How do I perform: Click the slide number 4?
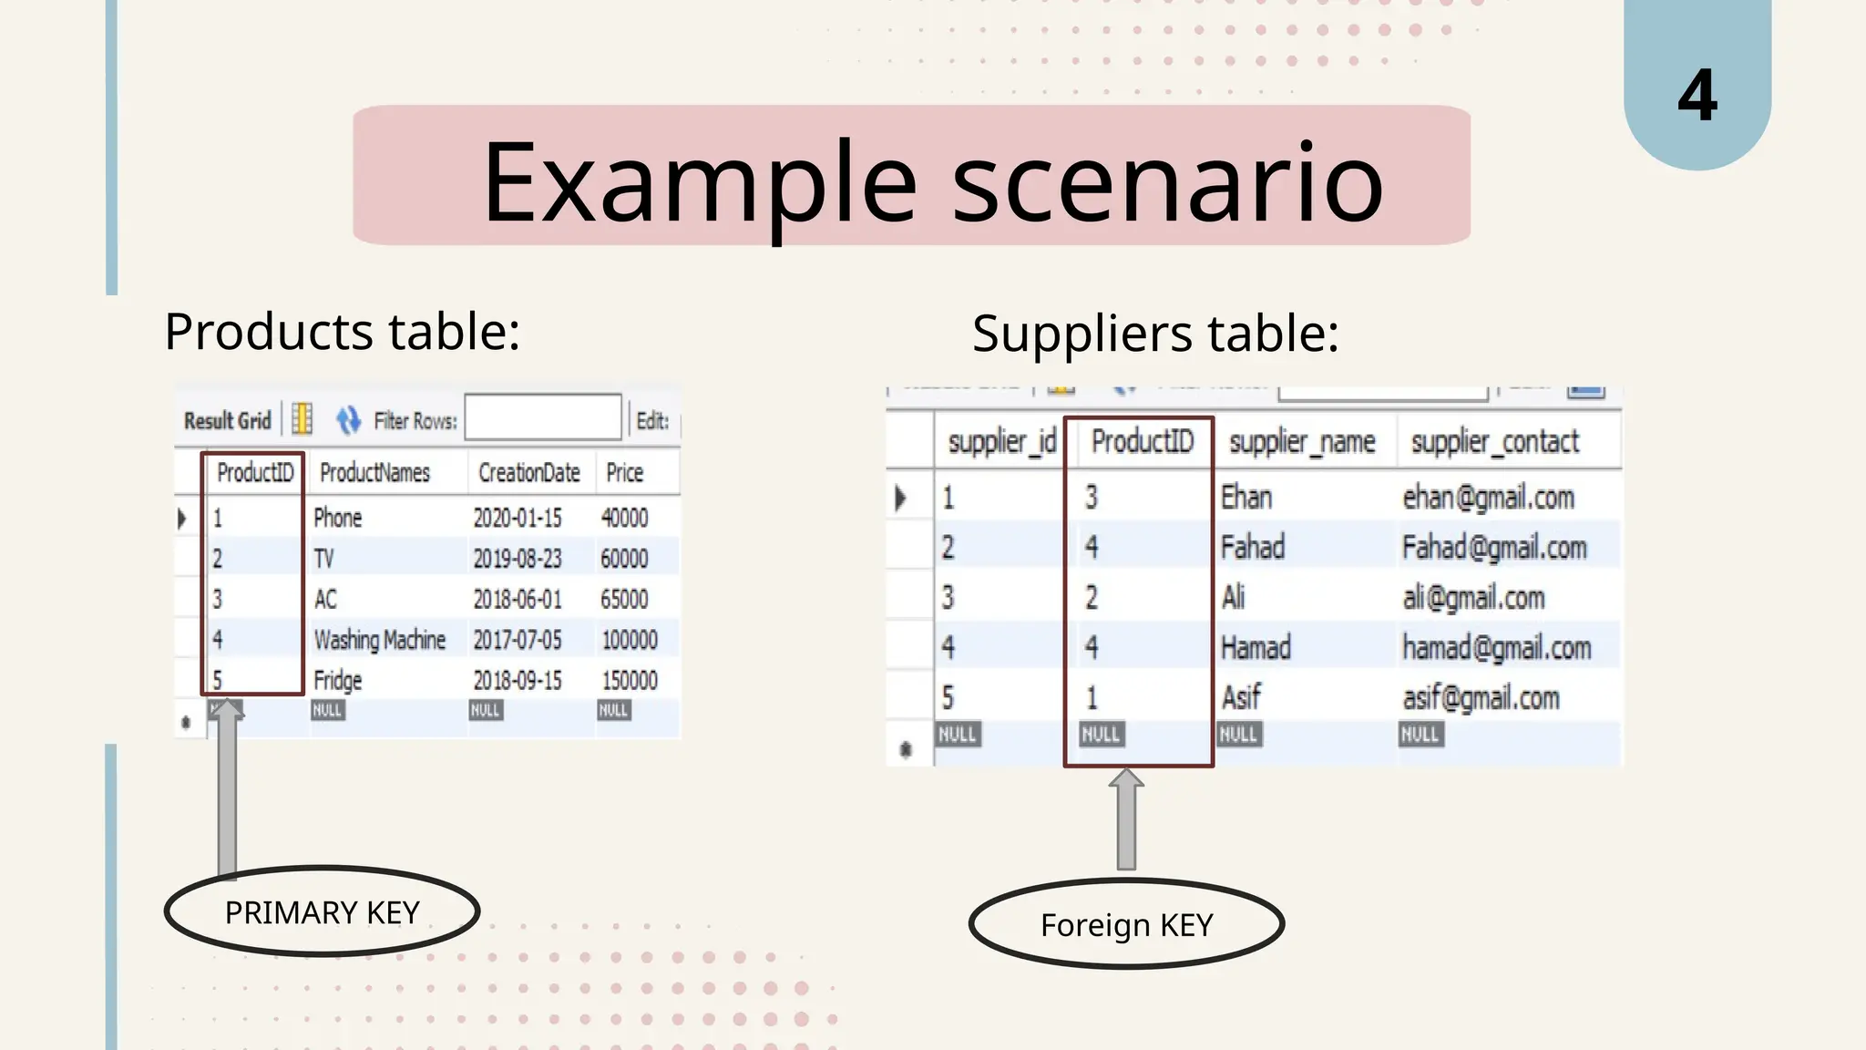[1697, 95]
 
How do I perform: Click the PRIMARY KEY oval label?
[322, 911]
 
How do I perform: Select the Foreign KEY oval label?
[1126, 924]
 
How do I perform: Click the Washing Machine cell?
[379, 640]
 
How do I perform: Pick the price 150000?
[629, 681]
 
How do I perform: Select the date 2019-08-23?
[517, 559]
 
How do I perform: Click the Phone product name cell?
[338, 519]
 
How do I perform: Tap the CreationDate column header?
[528, 473]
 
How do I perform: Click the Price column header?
[624, 473]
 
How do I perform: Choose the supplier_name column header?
[1301, 442]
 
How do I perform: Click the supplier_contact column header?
[1494, 442]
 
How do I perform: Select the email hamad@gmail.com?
[1496, 648]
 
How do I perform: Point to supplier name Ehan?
[1246, 498]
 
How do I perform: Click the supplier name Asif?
[1240, 698]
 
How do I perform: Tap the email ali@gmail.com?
[1473, 598]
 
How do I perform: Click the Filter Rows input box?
[543, 417]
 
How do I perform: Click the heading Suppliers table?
[1155, 334]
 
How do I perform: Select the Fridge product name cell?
[338, 681]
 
